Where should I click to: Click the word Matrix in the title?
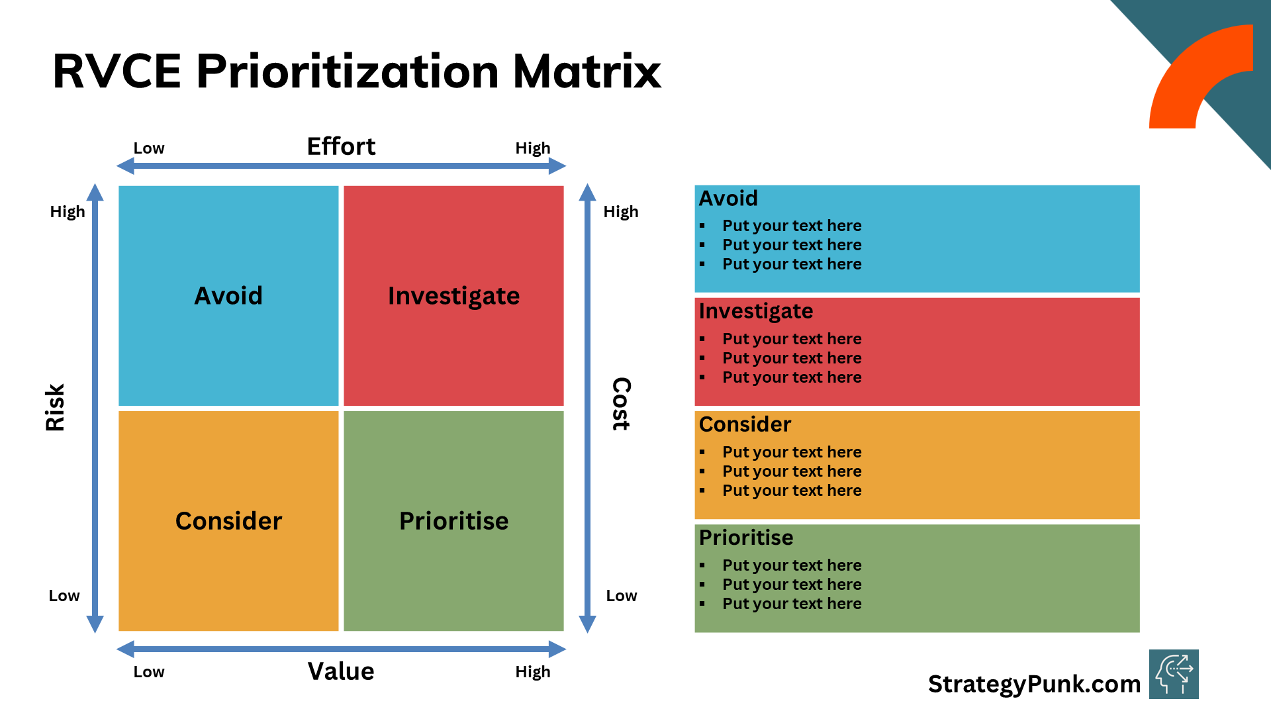[x=587, y=71]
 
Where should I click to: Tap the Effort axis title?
[x=341, y=146]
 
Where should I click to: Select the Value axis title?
[x=341, y=671]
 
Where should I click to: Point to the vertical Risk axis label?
[x=55, y=407]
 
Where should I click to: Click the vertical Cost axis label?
[x=621, y=404]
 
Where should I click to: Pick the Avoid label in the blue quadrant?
[x=228, y=296]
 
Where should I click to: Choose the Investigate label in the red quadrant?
[x=453, y=296]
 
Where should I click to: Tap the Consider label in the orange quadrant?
[x=228, y=521]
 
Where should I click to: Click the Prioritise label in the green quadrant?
[x=453, y=521]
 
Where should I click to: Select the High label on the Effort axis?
[x=533, y=148]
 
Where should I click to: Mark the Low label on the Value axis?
[x=149, y=672]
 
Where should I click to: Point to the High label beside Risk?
[x=68, y=212]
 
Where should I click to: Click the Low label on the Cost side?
[x=622, y=596]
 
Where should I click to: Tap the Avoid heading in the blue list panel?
[x=728, y=199]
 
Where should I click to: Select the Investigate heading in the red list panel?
[x=756, y=311]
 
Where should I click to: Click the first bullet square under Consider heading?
[x=702, y=452]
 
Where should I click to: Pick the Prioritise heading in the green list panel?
[x=746, y=538]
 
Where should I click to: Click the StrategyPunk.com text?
[x=1034, y=684]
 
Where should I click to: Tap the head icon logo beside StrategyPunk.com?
[x=1174, y=674]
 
